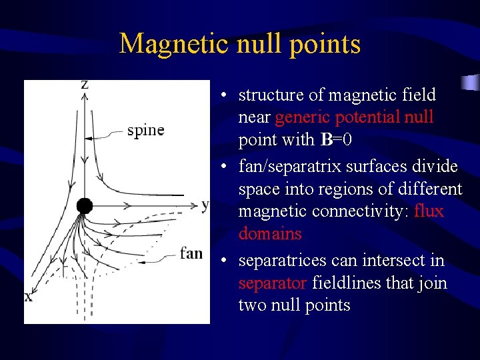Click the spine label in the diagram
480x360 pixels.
[x=145, y=130]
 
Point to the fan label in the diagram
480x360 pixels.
[x=191, y=253]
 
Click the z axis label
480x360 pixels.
[x=85, y=85]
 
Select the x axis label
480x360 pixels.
[x=29, y=297]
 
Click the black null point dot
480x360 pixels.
[x=84, y=205]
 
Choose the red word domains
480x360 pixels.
[x=270, y=234]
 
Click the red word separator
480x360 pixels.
[x=272, y=283]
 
